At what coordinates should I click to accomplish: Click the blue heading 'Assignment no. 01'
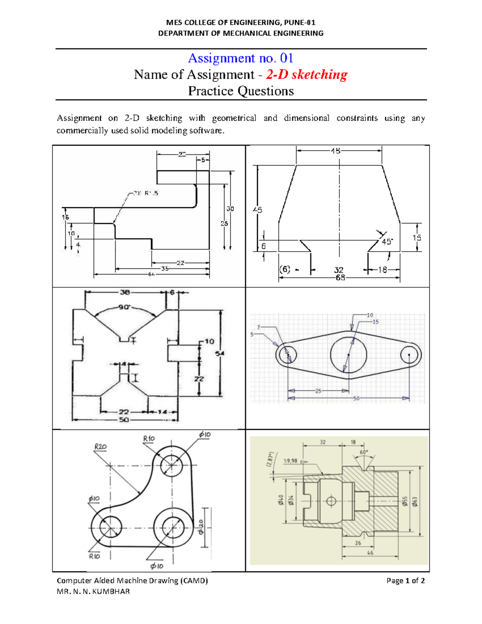(x=241, y=58)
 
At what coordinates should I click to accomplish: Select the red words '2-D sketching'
(x=306, y=75)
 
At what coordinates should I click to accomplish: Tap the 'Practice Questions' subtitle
(x=241, y=91)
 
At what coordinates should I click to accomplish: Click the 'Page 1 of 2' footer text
(x=405, y=580)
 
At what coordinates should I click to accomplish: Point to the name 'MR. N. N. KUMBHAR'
(x=93, y=591)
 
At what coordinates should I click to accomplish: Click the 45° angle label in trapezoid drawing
(x=387, y=242)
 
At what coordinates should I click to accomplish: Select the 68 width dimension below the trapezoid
(x=340, y=278)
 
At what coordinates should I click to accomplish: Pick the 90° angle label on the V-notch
(x=124, y=307)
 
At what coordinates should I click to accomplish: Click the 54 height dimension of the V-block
(x=220, y=354)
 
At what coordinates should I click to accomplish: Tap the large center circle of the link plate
(x=348, y=355)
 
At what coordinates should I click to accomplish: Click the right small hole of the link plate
(x=411, y=355)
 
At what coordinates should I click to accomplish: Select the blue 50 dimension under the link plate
(x=356, y=399)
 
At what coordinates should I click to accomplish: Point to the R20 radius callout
(x=100, y=446)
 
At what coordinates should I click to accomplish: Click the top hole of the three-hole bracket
(x=172, y=466)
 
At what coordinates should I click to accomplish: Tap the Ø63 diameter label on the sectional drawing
(x=415, y=501)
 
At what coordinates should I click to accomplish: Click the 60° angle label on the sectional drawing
(x=364, y=452)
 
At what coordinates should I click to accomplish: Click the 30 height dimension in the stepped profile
(x=230, y=209)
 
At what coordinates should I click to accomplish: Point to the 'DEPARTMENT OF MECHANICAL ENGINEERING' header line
(x=241, y=33)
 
